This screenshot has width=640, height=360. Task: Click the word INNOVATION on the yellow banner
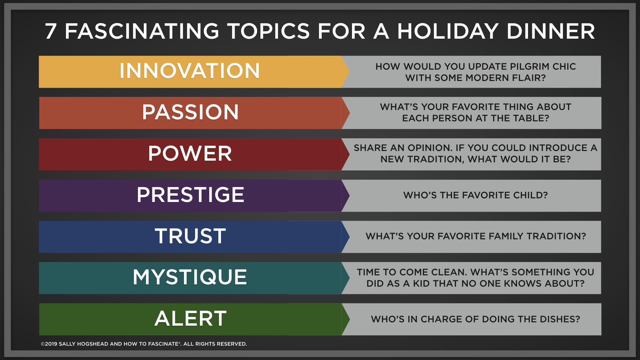click(x=190, y=71)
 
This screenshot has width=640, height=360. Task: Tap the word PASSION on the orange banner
click(x=190, y=112)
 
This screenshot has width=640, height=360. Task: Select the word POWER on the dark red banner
click(x=190, y=153)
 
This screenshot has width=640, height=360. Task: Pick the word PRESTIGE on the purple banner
click(x=190, y=195)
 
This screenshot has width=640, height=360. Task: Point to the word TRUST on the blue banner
click(x=190, y=236)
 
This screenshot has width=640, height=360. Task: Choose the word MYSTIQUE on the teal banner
click(x=190, y=277)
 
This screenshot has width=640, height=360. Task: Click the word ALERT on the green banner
click(x=190, y=318)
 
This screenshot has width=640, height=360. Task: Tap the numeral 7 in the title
click(x=51, y=31)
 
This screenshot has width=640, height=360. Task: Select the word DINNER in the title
click(x=551, y=31)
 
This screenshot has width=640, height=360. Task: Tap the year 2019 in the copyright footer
click(x=51, y=344)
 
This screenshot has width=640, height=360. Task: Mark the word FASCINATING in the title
click(x=142, y=31)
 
